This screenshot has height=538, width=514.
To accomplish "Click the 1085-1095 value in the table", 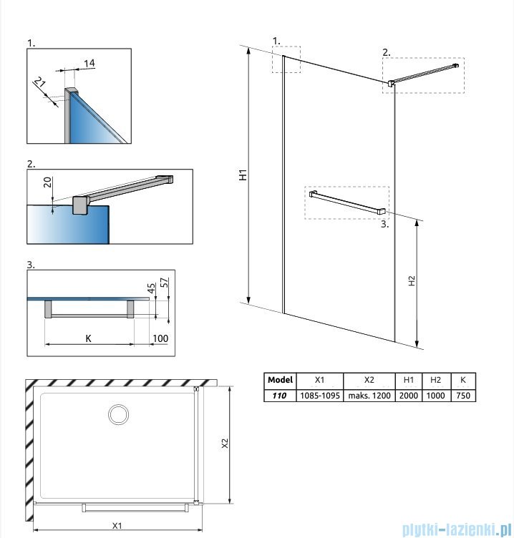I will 319,396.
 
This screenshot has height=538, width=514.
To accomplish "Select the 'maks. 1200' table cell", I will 369,396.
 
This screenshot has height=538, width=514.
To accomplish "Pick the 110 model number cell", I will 279,396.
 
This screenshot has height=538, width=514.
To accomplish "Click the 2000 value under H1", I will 408,396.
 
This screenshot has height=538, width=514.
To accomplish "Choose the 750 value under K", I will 463,396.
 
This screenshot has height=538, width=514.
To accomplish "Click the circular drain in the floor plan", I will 117,414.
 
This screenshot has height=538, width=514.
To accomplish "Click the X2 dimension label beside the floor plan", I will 224,444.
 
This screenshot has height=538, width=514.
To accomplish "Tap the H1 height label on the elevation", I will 243,175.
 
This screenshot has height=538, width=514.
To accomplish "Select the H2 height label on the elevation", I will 412,281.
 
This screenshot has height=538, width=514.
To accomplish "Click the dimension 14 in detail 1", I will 89,64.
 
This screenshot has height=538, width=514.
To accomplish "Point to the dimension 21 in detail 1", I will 41,87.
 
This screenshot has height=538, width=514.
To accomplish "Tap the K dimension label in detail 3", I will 88,338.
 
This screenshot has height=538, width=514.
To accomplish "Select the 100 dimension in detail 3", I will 160,338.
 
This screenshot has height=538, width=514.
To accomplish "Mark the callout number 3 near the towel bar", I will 384,224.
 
